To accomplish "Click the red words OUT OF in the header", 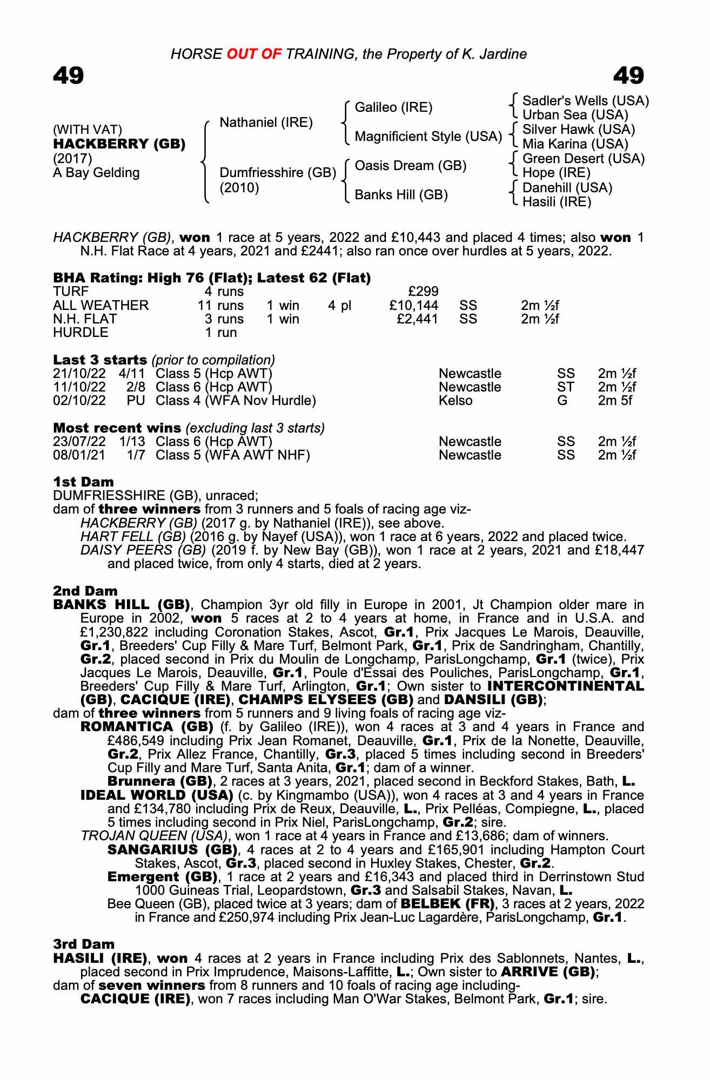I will pyautogui.click(x=254, y=54).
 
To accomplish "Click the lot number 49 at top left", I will pyautogui.click(x=69, y=76).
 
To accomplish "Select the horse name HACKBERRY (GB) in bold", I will pyautogui.click(x=119, y=144).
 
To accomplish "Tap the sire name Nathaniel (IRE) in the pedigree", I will pyautogui.click(x=266, y=123).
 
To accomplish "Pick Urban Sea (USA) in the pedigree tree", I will pyautogui.click(x=575, y=115).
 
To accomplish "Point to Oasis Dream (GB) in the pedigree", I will pyautogui.click(x=410, y=166).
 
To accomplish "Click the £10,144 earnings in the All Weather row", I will pyautogui.click(x=413, y=306).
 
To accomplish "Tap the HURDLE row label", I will pyautogui.click(x=81, y=333).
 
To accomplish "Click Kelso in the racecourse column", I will pyautogui.click(x=456, y=401).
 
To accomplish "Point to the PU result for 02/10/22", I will pyautogui.click(x=135, y=401).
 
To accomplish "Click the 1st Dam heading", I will pyautogui.click(x=84, y=482).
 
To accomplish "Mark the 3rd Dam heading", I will pyautogui.click(x=84, y=944).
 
